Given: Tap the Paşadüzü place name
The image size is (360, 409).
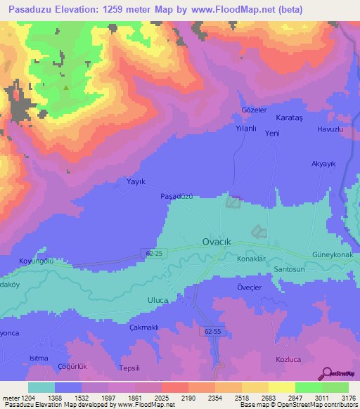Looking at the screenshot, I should click(x=176, y=197).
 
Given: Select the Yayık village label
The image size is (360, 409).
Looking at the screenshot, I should click(x=135, y=181).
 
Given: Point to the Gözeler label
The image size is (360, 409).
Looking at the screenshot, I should click(x=254, y=110).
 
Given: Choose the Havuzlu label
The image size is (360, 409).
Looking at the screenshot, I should click(x=329, y=130).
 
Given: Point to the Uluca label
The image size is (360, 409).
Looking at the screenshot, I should click(x=157, y=301).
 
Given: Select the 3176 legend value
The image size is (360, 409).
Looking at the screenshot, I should click(x=348, y=398).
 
